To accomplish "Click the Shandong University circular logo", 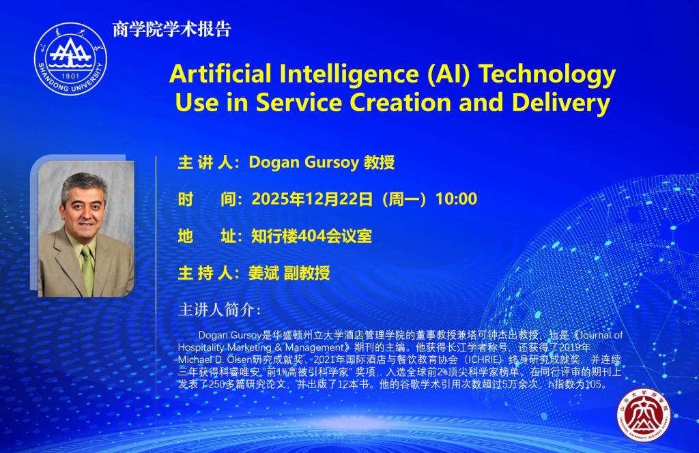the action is [70, 59].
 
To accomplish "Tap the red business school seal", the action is [643, 415].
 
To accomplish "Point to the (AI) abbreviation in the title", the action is [448, 74].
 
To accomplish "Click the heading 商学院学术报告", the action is [171, 29].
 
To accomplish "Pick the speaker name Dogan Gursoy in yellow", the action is [304, 162].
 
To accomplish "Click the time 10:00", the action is [456, 199].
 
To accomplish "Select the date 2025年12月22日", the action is [312, 199].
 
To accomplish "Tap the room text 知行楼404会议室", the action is [311, 236].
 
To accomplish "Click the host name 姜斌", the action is [263, 273].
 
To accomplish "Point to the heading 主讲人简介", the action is [219, 310].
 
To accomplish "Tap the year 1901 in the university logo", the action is [70, 76].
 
